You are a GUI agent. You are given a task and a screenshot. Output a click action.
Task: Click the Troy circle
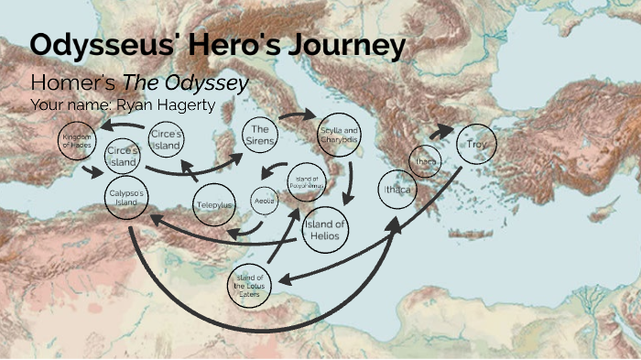point(476,145)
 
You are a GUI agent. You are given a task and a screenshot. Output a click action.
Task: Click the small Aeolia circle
point(264,200)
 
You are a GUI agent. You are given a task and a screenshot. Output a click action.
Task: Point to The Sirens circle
point(261,136)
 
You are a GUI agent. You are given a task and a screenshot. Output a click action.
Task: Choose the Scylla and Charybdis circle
point(339,136)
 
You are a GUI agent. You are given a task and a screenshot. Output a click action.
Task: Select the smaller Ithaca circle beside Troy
point(426,161)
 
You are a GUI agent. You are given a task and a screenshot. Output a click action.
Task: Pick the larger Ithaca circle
point(396,190)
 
